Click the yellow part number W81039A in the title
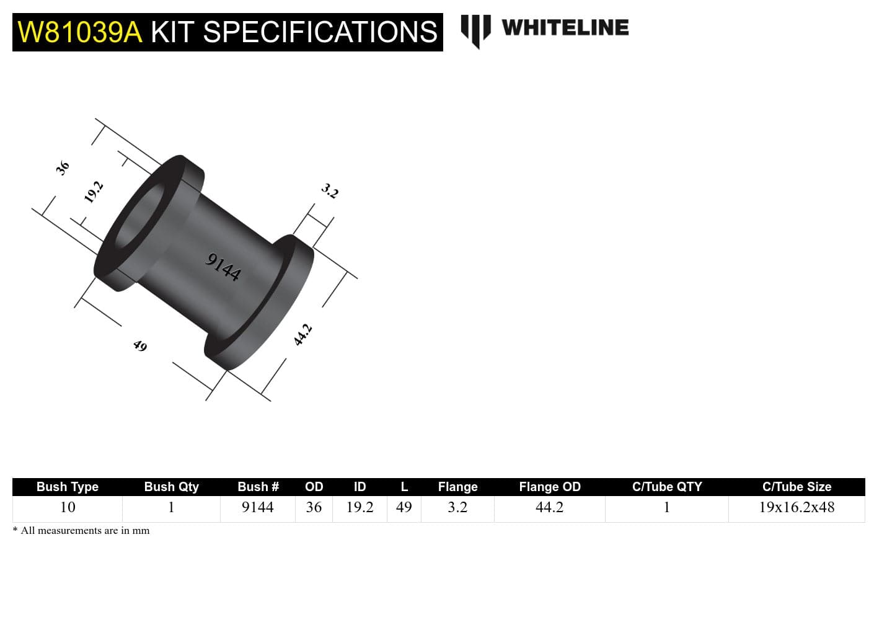80,32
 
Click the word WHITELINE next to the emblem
565,28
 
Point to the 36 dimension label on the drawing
63,167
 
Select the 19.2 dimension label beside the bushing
93,192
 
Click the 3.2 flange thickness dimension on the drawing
330,191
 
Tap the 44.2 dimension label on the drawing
302,335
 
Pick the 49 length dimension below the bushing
140,345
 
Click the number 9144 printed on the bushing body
223,267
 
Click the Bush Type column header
67,487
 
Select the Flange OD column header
549,487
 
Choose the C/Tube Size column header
797,487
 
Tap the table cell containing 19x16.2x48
797,507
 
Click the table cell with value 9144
257,507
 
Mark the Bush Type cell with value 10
67,507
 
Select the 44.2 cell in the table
549,507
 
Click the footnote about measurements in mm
81,530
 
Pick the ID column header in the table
360,487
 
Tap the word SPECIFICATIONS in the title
320,32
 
